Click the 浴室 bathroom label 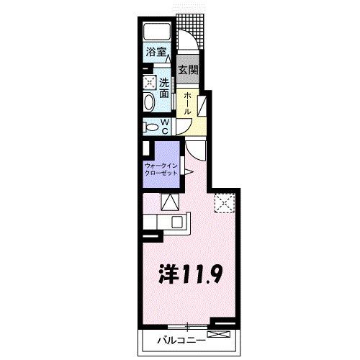(156, 52)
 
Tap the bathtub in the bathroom (158, 32)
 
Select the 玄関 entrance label (188, 70)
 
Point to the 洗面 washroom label (164, 87)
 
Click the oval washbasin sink (148, 102)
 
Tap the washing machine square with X (148, 82)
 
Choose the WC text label (164, 126)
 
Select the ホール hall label (186, 103)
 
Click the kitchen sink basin (176, 221)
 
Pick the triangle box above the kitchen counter (169, 201)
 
